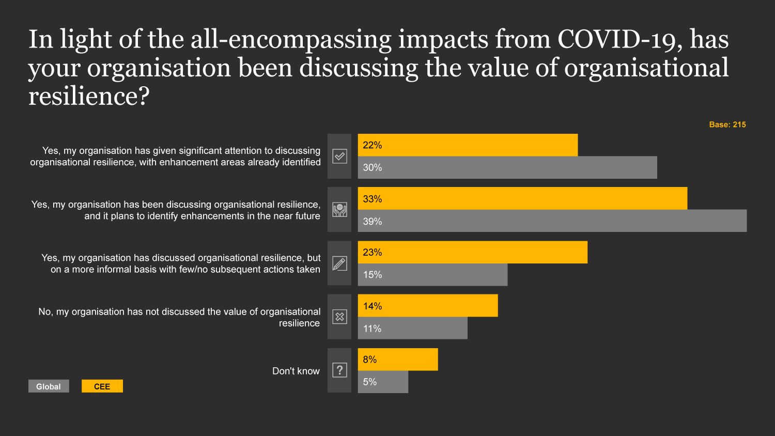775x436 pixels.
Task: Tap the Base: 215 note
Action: point(727,124)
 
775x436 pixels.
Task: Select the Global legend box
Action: point(49,386)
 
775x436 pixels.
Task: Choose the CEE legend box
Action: point(102,386)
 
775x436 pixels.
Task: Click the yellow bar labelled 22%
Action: point(468,145)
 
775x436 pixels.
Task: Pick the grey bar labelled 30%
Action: point(507,167)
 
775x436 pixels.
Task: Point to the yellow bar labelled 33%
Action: point(522,198)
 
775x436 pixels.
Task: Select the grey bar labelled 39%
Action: point(552,221)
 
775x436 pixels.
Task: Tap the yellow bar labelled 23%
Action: point(472,252)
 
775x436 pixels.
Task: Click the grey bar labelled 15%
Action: point(432,275)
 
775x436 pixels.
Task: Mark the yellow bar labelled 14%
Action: point(428,306)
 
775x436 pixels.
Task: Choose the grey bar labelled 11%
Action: point(412,329)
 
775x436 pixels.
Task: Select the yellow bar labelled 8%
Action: point(398,360)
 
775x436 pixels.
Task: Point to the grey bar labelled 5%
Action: point(383,382)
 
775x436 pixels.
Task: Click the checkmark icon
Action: point(339,156)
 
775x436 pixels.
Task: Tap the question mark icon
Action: point(339,370)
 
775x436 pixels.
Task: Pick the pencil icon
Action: point(339,263)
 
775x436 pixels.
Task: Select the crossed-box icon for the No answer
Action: point(339,317)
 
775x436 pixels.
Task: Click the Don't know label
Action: point(296,371)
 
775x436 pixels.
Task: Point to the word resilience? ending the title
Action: point(88,96)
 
